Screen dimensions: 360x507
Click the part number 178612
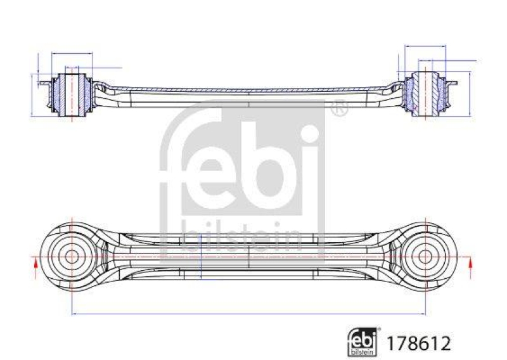pos(420,344)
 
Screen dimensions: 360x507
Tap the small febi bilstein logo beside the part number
pos(364,342)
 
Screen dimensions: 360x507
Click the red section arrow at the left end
pos(35,264)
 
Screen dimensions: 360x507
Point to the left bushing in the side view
pos(70,95)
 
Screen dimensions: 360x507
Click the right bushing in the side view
pos(426,94)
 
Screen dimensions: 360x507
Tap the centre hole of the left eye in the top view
pos(72,257)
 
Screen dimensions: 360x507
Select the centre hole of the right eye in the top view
pos(425,257)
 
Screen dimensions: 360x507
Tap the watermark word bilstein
pos(241,237)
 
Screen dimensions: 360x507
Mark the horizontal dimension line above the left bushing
pos(71,54)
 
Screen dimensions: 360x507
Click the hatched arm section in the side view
pos(247,90)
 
